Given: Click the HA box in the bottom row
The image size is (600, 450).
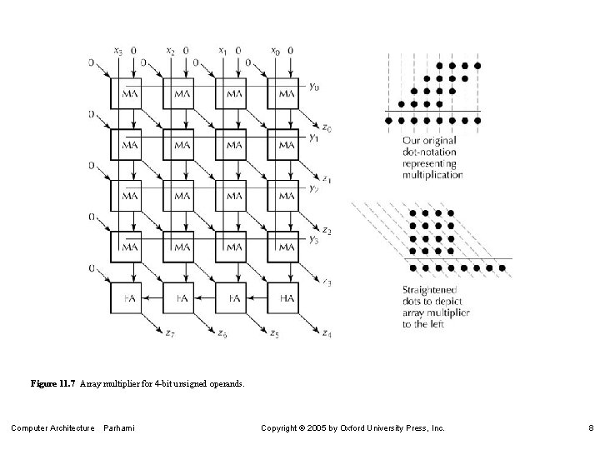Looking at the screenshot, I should tap(286, 297).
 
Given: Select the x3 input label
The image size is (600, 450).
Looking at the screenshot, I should tap(117, 52).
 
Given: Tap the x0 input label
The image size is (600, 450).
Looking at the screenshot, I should tap(276, 52).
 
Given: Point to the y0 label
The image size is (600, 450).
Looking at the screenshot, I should tap(312, 86).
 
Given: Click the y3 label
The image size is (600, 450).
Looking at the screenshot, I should tap(312, 240).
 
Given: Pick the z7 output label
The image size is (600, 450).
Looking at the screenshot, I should tap(169, 334).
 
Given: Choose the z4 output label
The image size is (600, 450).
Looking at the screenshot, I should tap(326, 334).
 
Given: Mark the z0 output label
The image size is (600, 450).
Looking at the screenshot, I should tap(327, 128).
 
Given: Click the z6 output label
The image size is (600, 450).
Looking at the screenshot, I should tap(222, 334).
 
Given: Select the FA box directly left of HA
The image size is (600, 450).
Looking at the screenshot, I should tap(234, 297).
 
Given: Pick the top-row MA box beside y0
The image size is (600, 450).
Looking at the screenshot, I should tap(286, 93).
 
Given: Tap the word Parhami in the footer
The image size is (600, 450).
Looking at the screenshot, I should tap(119, 427).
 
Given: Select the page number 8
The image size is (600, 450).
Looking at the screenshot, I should tap(589, 427).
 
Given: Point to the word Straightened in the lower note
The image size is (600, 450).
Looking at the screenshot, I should tap(430, 291).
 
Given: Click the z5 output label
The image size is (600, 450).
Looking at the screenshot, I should tap(274, 334).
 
